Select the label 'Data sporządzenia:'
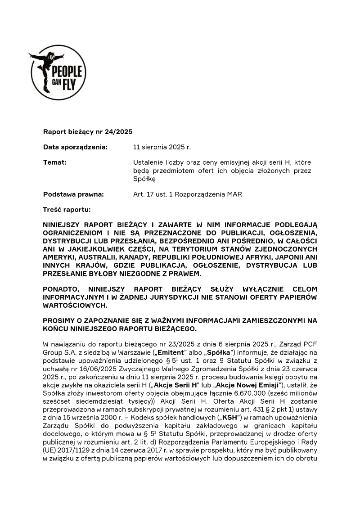pos(75,147)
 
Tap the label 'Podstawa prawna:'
pos(73,194)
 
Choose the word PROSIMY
pos(59,320)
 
